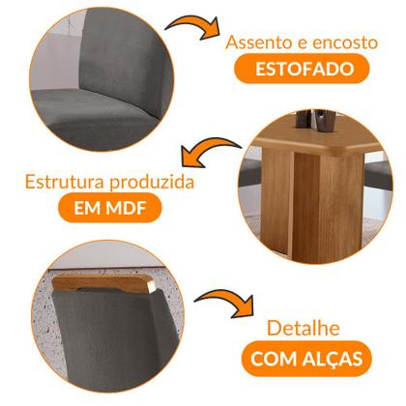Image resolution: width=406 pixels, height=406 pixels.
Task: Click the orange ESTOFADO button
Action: click(x=299, y=69)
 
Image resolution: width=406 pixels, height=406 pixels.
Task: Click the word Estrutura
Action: click(x=60, y=182)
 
